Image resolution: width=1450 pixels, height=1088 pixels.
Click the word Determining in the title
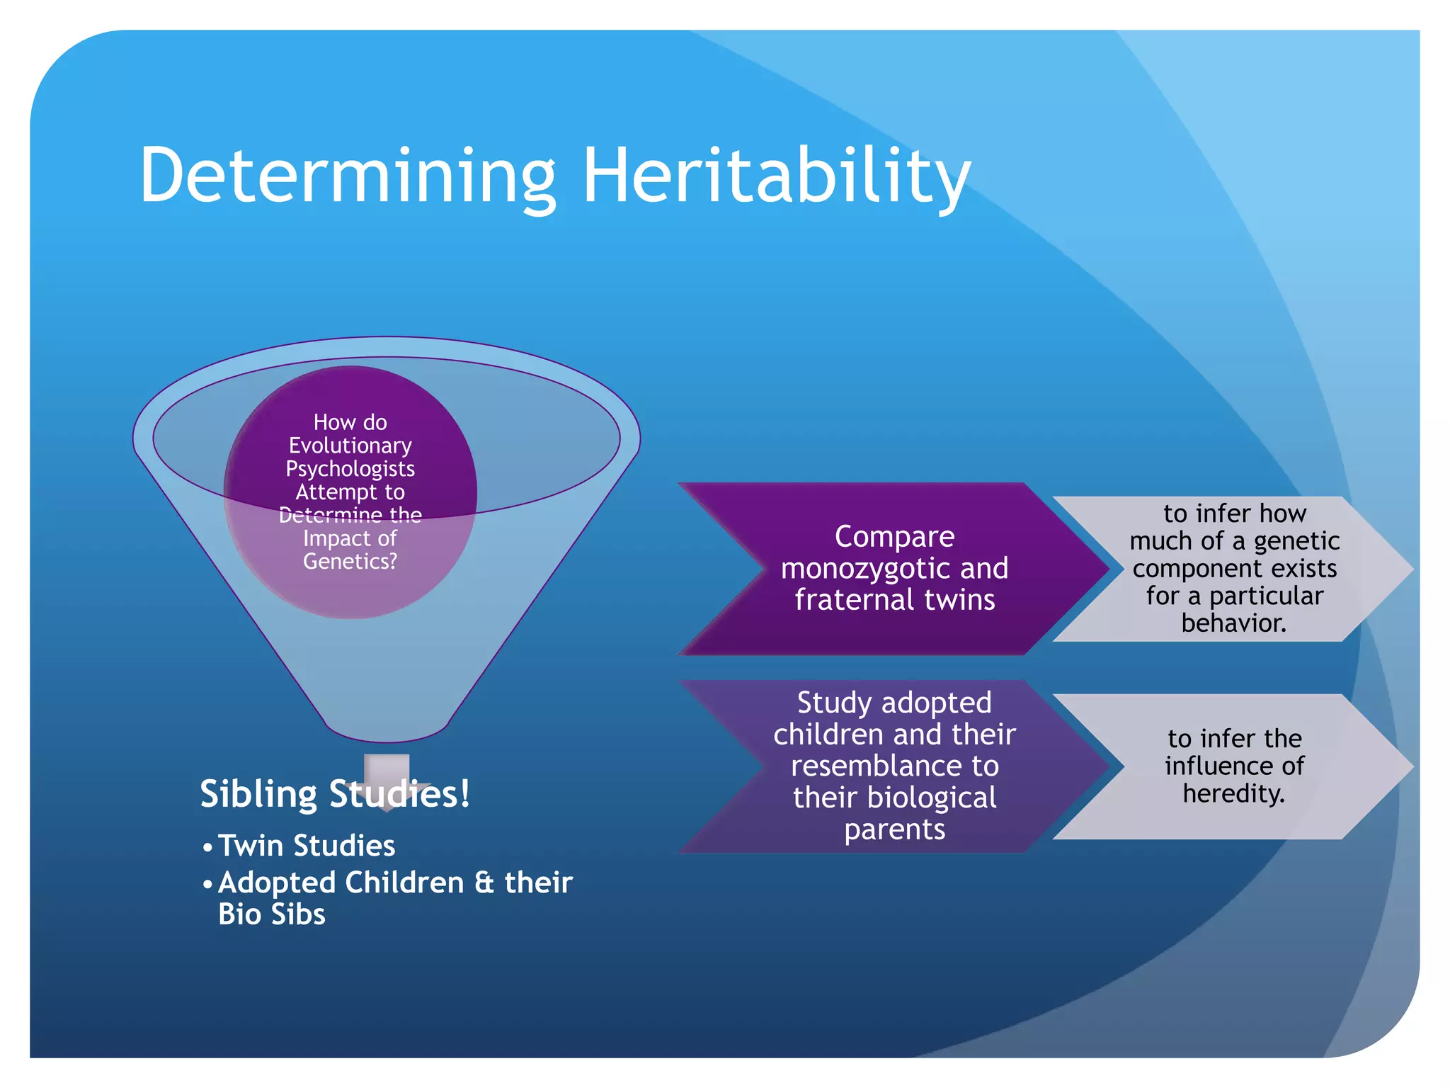(347, 176)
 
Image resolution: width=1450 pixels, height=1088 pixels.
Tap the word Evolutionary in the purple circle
(350, 446)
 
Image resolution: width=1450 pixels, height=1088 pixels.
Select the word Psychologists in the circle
(350, 469)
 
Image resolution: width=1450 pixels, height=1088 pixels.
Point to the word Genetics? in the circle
(350, 562)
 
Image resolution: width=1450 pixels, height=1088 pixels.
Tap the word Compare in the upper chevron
(894, 536)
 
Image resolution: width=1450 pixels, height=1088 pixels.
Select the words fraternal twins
(894, 600)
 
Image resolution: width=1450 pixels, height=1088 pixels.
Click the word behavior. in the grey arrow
(1233, 623)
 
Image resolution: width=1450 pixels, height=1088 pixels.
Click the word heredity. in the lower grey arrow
(1233, 793)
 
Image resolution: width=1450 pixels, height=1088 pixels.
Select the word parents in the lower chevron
(894, 829)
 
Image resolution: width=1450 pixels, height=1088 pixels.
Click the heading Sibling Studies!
(335, 794)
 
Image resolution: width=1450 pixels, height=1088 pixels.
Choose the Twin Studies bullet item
(306, 846)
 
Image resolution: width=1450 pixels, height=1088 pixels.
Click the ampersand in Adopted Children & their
(484, 883)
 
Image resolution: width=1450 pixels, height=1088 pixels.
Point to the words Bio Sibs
(271, 914)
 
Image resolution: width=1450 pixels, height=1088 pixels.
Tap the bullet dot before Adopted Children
(207, 885)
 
